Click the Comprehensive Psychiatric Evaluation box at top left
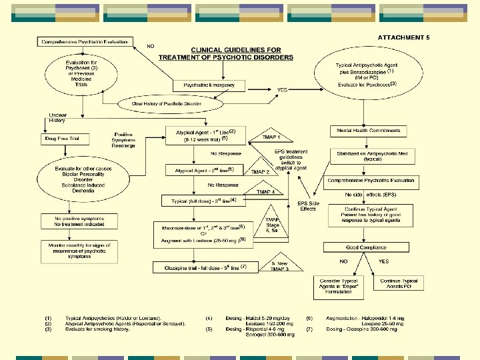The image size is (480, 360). click(84, 42)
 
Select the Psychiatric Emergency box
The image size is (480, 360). click(209, 85)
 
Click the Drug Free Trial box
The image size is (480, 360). click(64, 139)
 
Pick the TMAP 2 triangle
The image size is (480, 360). click(259, 171)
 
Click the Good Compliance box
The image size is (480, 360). click(365, 247)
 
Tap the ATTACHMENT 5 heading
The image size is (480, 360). click(403, 37)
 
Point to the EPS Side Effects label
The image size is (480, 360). click(308, 205)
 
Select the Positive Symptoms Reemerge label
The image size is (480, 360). click(125, 140)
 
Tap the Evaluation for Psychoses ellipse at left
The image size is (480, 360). click(76, 73)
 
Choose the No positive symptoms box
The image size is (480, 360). click(79, 221)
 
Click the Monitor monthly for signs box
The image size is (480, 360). click(79, 251)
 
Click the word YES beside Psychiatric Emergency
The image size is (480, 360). click(283, 89)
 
